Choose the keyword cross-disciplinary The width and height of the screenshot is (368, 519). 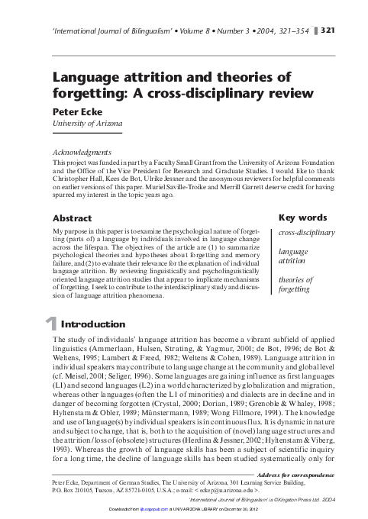(306, 232)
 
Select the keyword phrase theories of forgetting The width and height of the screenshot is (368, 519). (295, 285)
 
